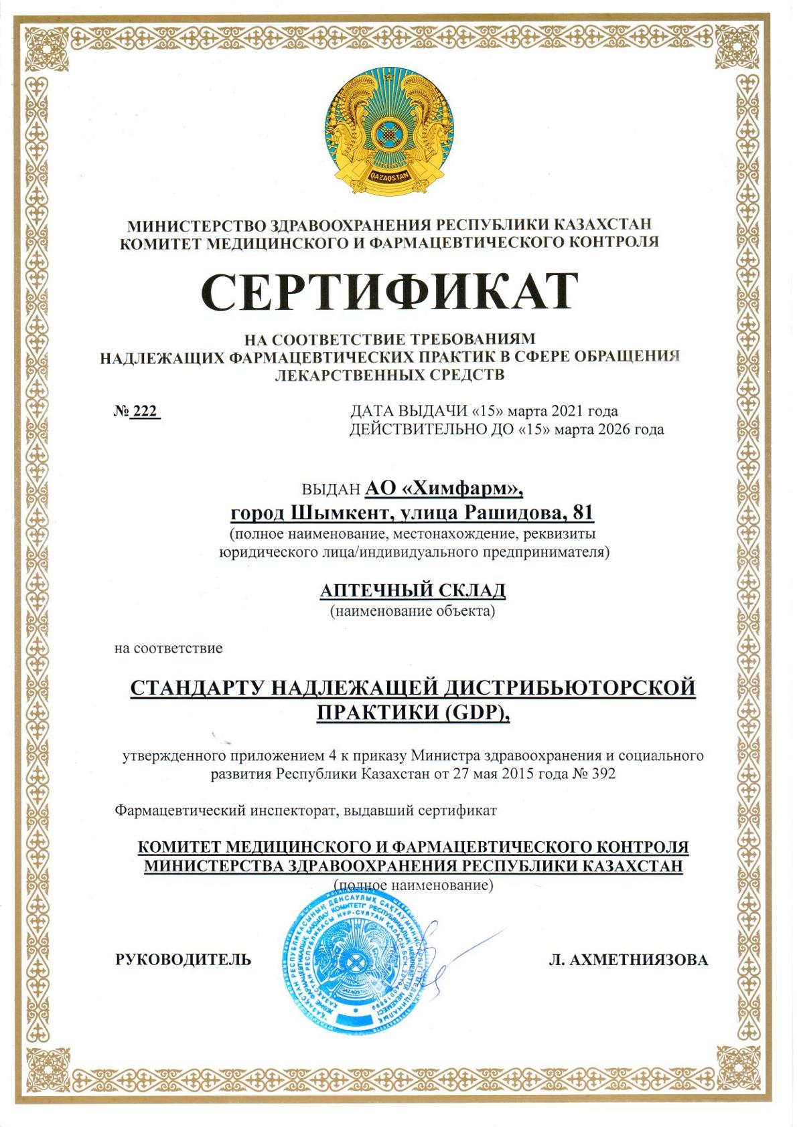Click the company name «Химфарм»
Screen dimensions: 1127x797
[461, 489]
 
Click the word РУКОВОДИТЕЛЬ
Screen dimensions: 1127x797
[184, 960]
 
